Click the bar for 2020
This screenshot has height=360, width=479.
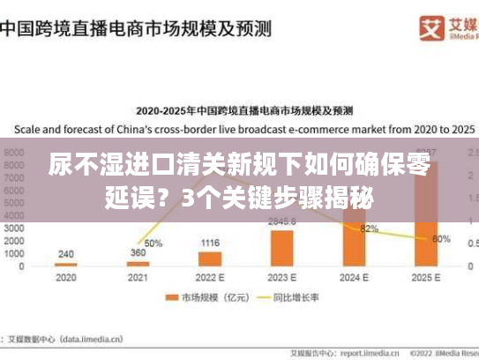65,265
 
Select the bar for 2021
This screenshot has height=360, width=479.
138,264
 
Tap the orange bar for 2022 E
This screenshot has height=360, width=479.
210,259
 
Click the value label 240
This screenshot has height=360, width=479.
65,253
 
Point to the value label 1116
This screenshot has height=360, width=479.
210,243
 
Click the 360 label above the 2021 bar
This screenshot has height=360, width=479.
138,253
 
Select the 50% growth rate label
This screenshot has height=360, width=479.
153,243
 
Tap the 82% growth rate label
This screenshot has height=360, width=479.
370,229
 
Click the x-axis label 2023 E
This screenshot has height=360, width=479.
282,276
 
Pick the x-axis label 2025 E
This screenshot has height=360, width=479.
427,276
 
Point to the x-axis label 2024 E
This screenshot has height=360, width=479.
355,276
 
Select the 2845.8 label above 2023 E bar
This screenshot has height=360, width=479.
282,221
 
